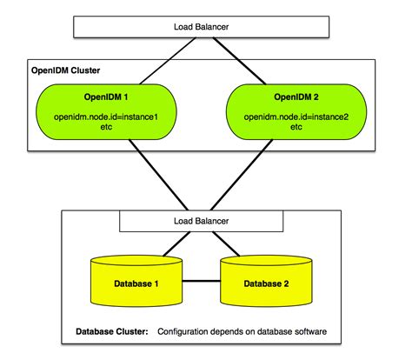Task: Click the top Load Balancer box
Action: tap(205, 25)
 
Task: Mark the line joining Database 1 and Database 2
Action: tap(202, 281)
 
